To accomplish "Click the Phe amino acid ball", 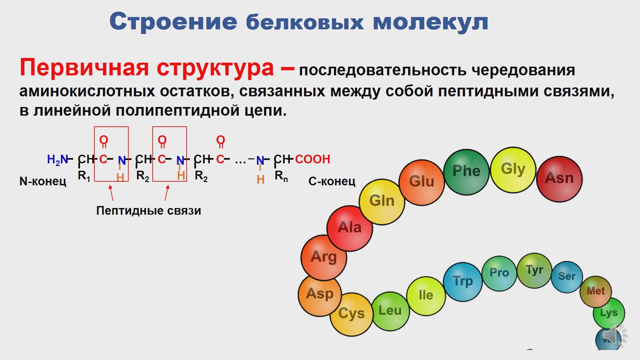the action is [x=466, y=172].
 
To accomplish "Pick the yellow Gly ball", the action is [x=513, y=170].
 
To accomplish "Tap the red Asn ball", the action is [x=559, y=179].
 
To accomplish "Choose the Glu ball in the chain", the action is [x=422, y=182].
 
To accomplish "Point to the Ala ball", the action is [x=350, y=228].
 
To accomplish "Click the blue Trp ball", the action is [x=463, y=282].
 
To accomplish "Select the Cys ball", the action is [x=351, y=314].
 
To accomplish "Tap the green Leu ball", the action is [x=390, y=311].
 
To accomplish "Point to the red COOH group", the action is [x=312, y=159].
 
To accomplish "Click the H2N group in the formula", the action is [x=57, y=160].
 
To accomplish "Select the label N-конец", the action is [x=43, y=181].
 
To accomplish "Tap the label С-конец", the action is [x=332, y=181].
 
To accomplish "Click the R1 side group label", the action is [x=84, y=176].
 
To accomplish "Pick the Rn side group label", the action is [x=281, y=176].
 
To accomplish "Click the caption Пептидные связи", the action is [x=149, y=211].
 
